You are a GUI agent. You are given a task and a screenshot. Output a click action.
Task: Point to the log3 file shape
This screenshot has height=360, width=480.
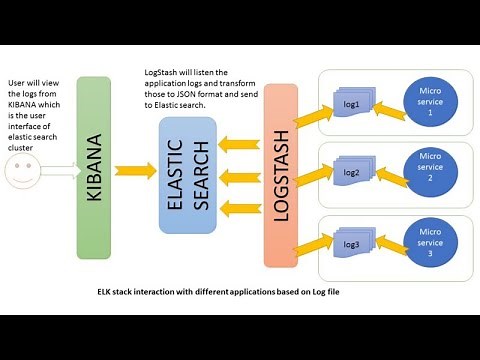click(351, 244)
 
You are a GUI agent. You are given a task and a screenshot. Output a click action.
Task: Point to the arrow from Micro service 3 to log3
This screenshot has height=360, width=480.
click(385, 241)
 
